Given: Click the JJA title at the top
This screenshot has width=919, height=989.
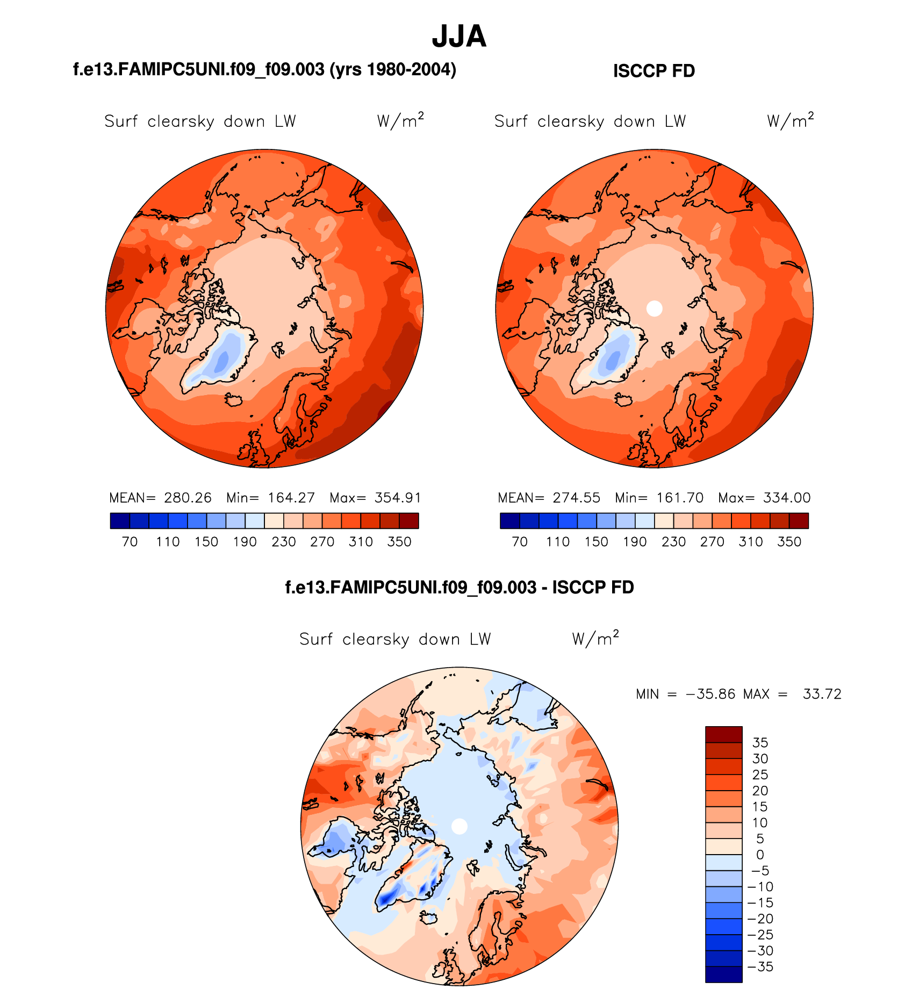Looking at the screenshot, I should pos(459,37).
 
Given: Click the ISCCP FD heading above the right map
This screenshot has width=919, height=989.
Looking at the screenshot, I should pos(654,71).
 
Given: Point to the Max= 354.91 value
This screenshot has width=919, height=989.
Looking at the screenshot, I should pos(375,498).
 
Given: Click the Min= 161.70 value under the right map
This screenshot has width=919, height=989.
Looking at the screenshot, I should pos(659,498).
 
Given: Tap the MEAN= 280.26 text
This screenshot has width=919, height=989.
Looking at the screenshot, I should pos(160,498).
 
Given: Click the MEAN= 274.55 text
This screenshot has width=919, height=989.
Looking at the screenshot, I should pos(549,498).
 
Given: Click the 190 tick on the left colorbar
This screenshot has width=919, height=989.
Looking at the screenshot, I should pos(245,542).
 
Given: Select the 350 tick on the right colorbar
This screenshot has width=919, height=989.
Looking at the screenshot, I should pos(789,542).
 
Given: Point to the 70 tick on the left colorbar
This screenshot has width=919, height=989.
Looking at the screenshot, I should pos(130,542).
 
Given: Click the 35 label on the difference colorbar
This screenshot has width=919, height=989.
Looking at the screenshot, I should pos(760,743).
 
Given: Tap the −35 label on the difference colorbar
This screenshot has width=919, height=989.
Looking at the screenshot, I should pos(760,967).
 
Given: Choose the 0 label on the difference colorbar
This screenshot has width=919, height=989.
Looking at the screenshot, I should pos(760,855).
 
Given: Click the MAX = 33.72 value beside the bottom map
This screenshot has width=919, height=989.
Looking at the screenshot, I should pos(792,694).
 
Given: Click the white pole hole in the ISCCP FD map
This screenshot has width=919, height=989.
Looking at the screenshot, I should pos(654,308).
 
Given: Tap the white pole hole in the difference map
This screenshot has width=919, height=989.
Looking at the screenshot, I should pos(460,826).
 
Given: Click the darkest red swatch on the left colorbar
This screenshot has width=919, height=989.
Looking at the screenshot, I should pos(409,521).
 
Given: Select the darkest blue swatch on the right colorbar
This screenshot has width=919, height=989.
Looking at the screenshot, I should pos(509,521).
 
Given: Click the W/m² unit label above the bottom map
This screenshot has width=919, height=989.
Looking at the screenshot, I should pos(595,639).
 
